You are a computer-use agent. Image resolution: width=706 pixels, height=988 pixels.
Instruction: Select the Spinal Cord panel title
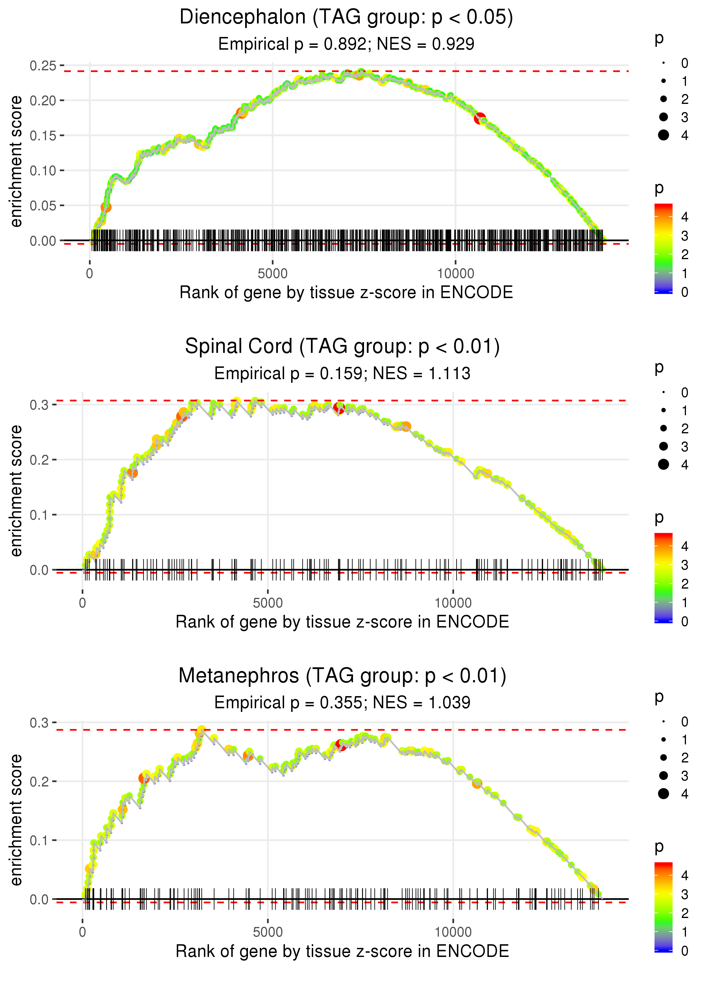342,347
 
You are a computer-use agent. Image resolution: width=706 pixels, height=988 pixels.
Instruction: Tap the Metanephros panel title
342,676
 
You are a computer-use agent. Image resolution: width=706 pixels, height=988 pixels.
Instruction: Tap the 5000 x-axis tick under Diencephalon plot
273,274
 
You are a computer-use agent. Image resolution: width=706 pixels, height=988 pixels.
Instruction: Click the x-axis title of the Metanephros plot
342,951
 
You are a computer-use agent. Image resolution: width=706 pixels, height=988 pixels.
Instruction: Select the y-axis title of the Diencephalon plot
16,161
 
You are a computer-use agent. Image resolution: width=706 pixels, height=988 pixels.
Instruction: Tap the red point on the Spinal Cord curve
339,408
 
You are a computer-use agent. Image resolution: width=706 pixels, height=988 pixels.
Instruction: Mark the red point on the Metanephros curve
341,746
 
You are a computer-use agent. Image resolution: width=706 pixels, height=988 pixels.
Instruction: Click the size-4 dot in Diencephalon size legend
663,135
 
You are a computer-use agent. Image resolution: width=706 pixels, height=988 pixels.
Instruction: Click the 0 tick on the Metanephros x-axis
82,932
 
